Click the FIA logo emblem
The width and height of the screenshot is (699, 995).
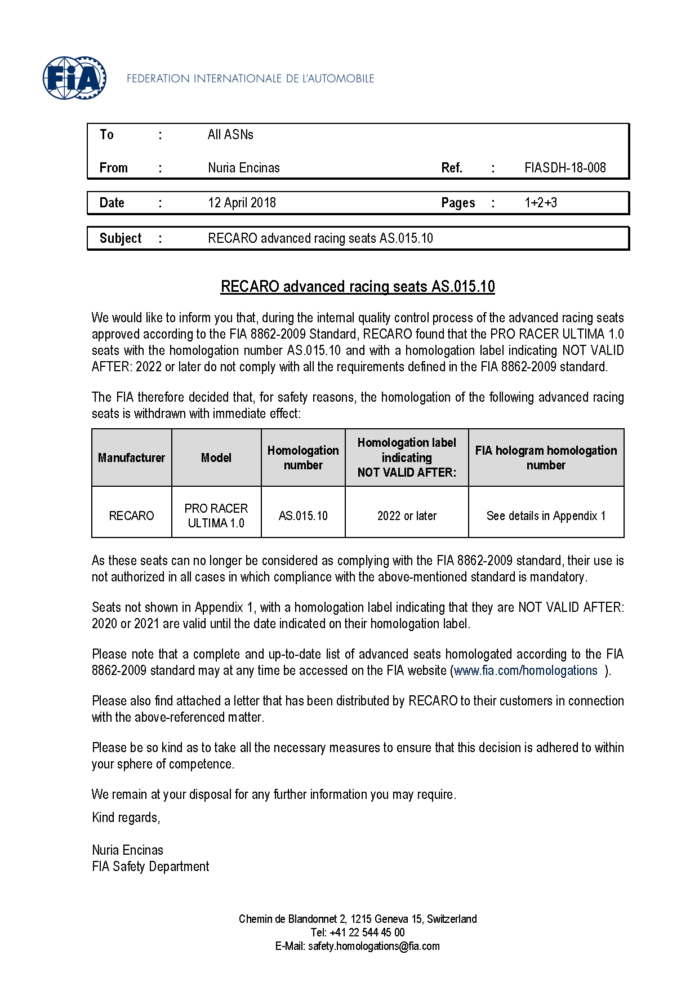pos(74,78)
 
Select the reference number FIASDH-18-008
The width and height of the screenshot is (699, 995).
pos(564,168)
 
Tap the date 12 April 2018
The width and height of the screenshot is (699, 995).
pos(242,203)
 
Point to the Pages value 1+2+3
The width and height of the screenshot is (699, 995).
pos(540,203)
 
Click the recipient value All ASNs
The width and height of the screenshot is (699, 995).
pos(230,135)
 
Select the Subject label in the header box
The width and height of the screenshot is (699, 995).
pos(120,238)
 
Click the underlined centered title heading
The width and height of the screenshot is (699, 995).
pos(358,287)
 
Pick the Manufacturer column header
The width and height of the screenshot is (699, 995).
pos(131,457)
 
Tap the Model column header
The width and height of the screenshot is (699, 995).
pos(216,457)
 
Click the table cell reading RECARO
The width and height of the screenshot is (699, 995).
pos(131,516)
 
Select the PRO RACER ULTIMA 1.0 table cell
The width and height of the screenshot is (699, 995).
pos(216,516)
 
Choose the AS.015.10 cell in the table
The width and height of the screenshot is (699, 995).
pos(303,516)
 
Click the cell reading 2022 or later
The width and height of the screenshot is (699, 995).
pos(407,516)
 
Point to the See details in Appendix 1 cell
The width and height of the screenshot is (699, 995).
pos(546,516)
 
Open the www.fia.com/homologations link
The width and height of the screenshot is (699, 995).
pos(526,670)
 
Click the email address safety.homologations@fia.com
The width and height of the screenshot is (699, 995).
pos(373,946)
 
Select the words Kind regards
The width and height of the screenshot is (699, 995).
pos(126,818)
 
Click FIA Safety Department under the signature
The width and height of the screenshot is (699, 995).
pos(150,867)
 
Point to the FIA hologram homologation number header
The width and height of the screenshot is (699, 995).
pos(546,457)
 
